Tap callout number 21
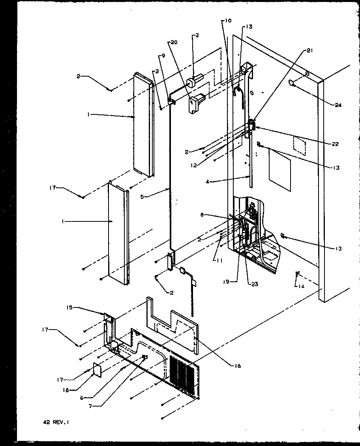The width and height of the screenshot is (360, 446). click(x=308, y=51)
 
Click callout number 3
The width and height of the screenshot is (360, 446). click(x=197, y=36)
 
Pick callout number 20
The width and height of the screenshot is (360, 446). click(x=173, y=42)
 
